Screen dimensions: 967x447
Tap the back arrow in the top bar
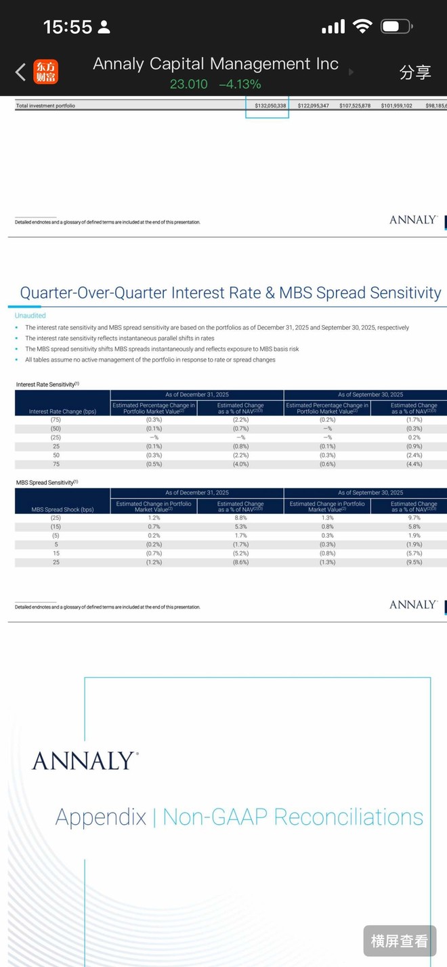[x=20, y=72]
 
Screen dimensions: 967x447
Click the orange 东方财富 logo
[x=46, y=72]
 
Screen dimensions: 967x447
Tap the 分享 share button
[x=414, y=72]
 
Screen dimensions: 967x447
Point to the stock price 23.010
[x=188, y=85]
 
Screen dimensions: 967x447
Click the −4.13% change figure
[x=240, y=85]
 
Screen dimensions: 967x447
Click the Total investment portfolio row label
[x=45, y=106]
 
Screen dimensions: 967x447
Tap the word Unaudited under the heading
[x=30, y=316]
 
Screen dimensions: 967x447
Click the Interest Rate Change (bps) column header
[x=62, y=411]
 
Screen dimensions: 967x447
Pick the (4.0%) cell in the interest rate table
[x=240, y=464]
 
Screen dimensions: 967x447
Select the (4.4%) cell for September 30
[x=413, y=464]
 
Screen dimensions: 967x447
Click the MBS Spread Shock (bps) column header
[x=62, y=509]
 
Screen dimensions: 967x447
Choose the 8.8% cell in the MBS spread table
[x=240, y=518]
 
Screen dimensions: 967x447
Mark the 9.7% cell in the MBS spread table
[x=413, y=518]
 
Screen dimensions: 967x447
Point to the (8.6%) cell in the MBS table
[x=240, y=562]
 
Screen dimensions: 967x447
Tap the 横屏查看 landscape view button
[x=399, y=941]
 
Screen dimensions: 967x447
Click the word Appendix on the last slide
[x=100, y=817]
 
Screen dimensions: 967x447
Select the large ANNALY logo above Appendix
[x=85, y=760]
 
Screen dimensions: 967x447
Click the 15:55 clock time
[x=67, y=27]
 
